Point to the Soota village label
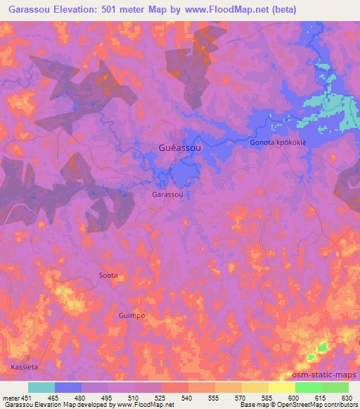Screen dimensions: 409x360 (108, 275)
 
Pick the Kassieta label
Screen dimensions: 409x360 (24, 368)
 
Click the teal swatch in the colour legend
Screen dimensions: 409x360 (41, 387)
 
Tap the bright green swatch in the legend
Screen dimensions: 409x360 (309, 387)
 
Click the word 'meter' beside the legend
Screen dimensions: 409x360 (11, 397)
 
